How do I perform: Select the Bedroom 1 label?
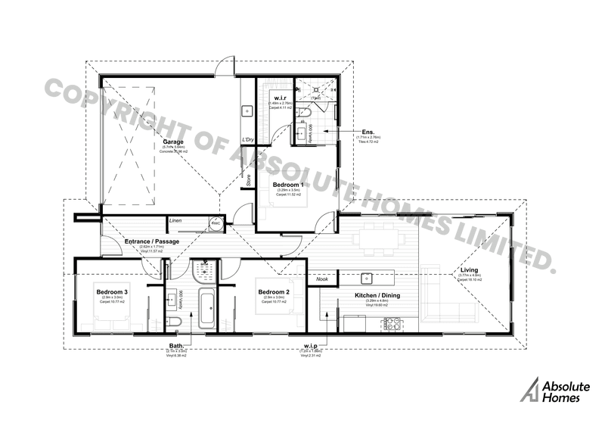(288, 184)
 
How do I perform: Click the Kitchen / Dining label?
(377, 295)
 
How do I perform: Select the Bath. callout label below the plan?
(175, 347)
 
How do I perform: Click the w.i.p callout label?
(309, 347)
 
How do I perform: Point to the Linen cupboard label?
(176, 221)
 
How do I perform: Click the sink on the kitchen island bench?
(364, 277)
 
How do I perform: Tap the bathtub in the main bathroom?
(204, 310)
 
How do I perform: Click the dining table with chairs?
(378, 238)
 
